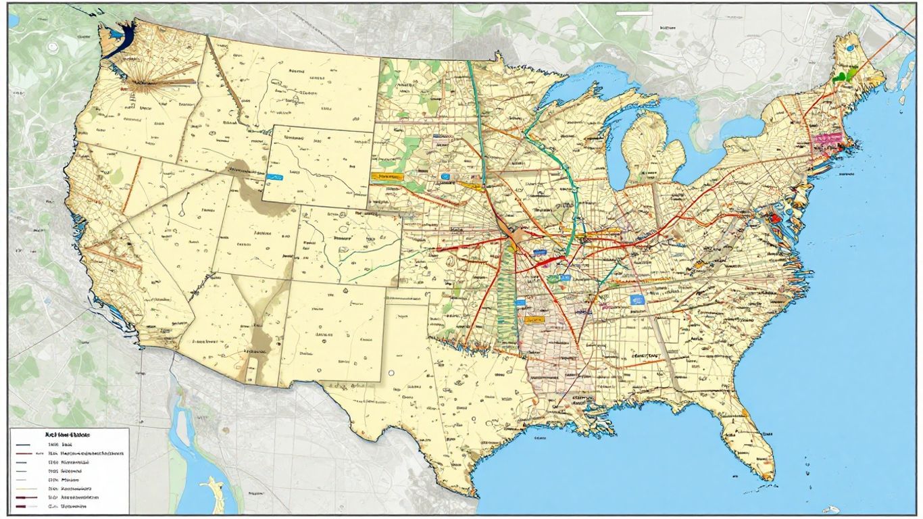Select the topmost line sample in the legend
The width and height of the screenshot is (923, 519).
(x=23, y=445)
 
